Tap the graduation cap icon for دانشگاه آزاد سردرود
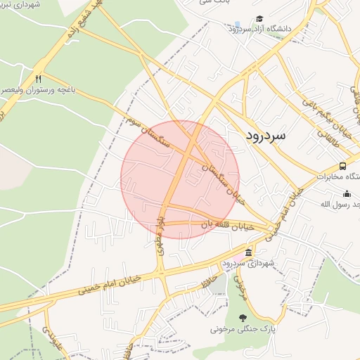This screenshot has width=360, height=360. (x=259, y=19)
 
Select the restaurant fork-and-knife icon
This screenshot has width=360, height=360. (x=39, y=79)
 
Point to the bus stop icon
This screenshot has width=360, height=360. (x=342, y=166)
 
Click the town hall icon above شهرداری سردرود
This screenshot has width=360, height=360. (x=248, y=252)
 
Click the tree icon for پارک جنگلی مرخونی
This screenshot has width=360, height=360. (x=243, y=317)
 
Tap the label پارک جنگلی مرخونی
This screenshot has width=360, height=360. (x=242, y=328)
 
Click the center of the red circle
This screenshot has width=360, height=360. (x=180, y=179)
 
